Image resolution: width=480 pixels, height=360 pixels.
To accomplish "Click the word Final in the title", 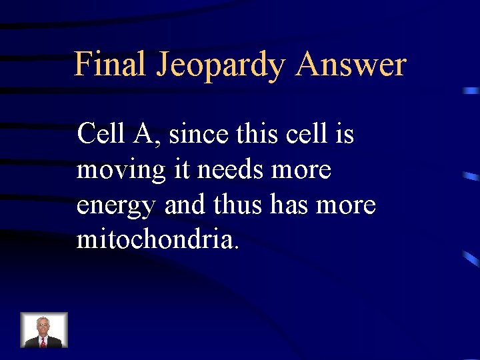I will click(x=110, y=65).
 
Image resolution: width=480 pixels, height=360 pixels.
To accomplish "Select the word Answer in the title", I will click(x=351, y=65).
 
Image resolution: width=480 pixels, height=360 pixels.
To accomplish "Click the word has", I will click(x=290, y=205).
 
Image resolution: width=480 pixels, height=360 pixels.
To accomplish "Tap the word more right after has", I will click(x=347, y=206).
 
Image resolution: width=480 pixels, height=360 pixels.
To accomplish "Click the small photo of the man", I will click(x=44, y=330).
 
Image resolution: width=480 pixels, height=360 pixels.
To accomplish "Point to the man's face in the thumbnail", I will click(x=44, y=325).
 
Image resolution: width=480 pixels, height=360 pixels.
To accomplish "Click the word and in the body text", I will click(x=187, y=205).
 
